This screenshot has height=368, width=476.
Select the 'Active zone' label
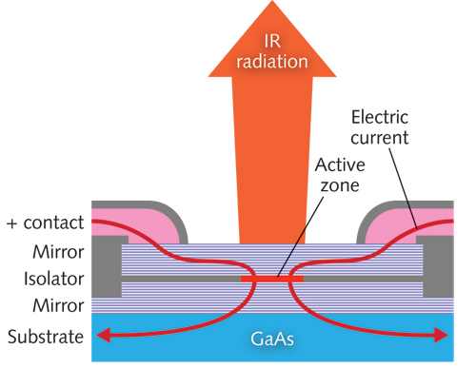(338, 173)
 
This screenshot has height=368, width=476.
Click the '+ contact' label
(42, 224)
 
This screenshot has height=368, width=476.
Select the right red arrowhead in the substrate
(440, 335)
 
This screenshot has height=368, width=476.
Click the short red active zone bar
(277, 280)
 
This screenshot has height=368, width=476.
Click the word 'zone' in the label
(338, 184)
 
